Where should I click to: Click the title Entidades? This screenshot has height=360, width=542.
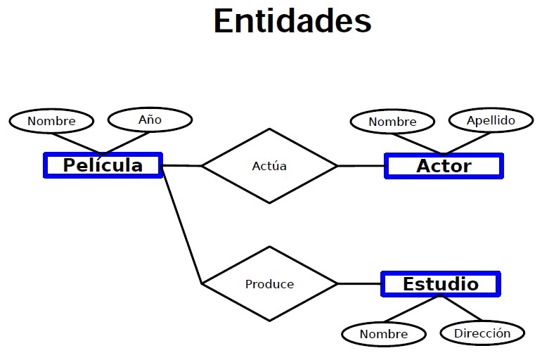pos(292,21)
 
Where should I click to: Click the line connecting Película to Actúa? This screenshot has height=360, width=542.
pos(182,166)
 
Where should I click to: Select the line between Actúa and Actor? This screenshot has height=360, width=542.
pos(361,166)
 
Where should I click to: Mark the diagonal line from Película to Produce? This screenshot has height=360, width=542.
pos(182,225)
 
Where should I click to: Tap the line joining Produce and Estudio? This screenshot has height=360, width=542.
pos(359,284)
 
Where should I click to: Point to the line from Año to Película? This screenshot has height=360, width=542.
pos(126,143)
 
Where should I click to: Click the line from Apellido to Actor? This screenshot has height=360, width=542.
pos(467,143)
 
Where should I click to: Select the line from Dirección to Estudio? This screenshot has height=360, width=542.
pos(460,308)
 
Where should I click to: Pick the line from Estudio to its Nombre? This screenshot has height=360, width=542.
pos(412,309)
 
